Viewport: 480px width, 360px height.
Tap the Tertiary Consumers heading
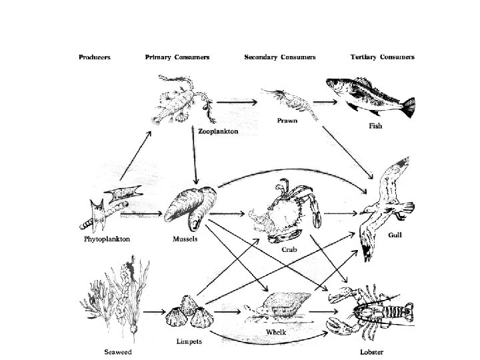(382, 57)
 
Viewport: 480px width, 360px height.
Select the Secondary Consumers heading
(279, 57)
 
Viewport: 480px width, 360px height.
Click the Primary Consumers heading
(177, 57)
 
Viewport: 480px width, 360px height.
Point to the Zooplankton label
(218, 132)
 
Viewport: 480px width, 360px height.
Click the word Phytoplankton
(106, 238)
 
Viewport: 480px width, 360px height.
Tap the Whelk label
(276, 331)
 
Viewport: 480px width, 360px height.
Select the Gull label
(395, 235)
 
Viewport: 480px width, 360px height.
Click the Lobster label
(370, 351)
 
